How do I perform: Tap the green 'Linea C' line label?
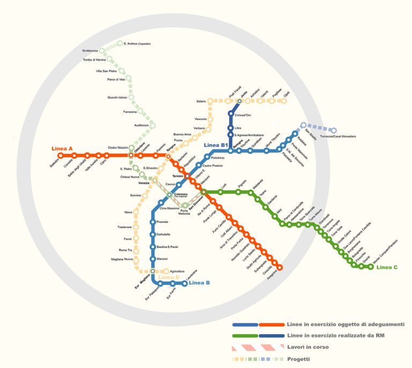pyautogui.click(x=387, y=267)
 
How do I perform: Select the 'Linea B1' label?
pyautogui.click(x=217, y=145)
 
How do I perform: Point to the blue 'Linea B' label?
pyautogui.click(x=200, y=282)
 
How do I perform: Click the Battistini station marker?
pyautogui.click(x=60, y=155)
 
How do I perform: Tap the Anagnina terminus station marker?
pyautogui.click(x=279, y=267)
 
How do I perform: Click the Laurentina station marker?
pyautogui.click(x=185, y=283)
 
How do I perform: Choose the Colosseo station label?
pyautogui.click(x=181, y=194)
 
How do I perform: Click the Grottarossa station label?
pyautogui.click(x=90, y=51)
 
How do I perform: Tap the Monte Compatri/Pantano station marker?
pyautogui.click(x=370, y=267)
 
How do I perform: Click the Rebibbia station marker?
pyautogui.click(x=295, y=133)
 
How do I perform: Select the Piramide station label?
pyautogui.click(x=163, y=222)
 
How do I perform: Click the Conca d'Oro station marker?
pyautogui.click(x=231, y=114)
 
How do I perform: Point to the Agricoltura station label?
pyautogui.click(x=178, y=271)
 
